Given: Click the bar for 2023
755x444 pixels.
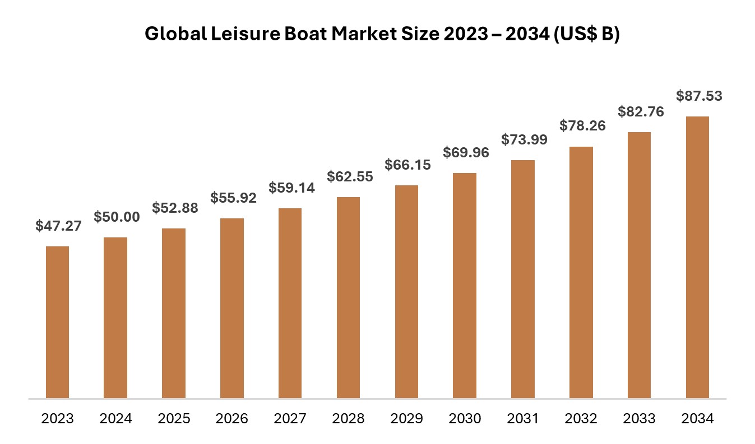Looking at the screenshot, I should (x=57, y=323).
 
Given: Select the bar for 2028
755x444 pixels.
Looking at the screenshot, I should (x=348, y=298).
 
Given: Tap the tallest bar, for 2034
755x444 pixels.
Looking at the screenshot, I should (x=697, y=258).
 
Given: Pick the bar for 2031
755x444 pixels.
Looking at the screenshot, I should (x=523, y=279).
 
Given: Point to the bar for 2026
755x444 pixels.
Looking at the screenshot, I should (x=232, y=309).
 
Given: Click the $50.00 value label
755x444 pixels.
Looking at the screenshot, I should (x=117, y=217).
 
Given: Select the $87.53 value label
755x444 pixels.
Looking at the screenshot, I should (x=699, y=96).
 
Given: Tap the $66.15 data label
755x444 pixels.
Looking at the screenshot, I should (x=407, y=165).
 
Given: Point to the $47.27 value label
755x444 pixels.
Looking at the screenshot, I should (x=58, y=226).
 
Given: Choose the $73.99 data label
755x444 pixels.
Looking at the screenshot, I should (x=524, y=139).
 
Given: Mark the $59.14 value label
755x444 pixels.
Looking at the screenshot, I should (x=291, y=188).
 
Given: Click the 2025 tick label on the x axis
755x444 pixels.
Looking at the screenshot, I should (x=174, y=418).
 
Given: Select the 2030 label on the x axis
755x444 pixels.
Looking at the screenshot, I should (x=465, y=418).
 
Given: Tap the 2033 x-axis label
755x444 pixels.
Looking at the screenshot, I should (x=639, y=418).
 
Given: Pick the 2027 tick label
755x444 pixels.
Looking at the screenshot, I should (x=290, y=418).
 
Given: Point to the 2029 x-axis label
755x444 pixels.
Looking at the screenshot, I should (x=406, y=418).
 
